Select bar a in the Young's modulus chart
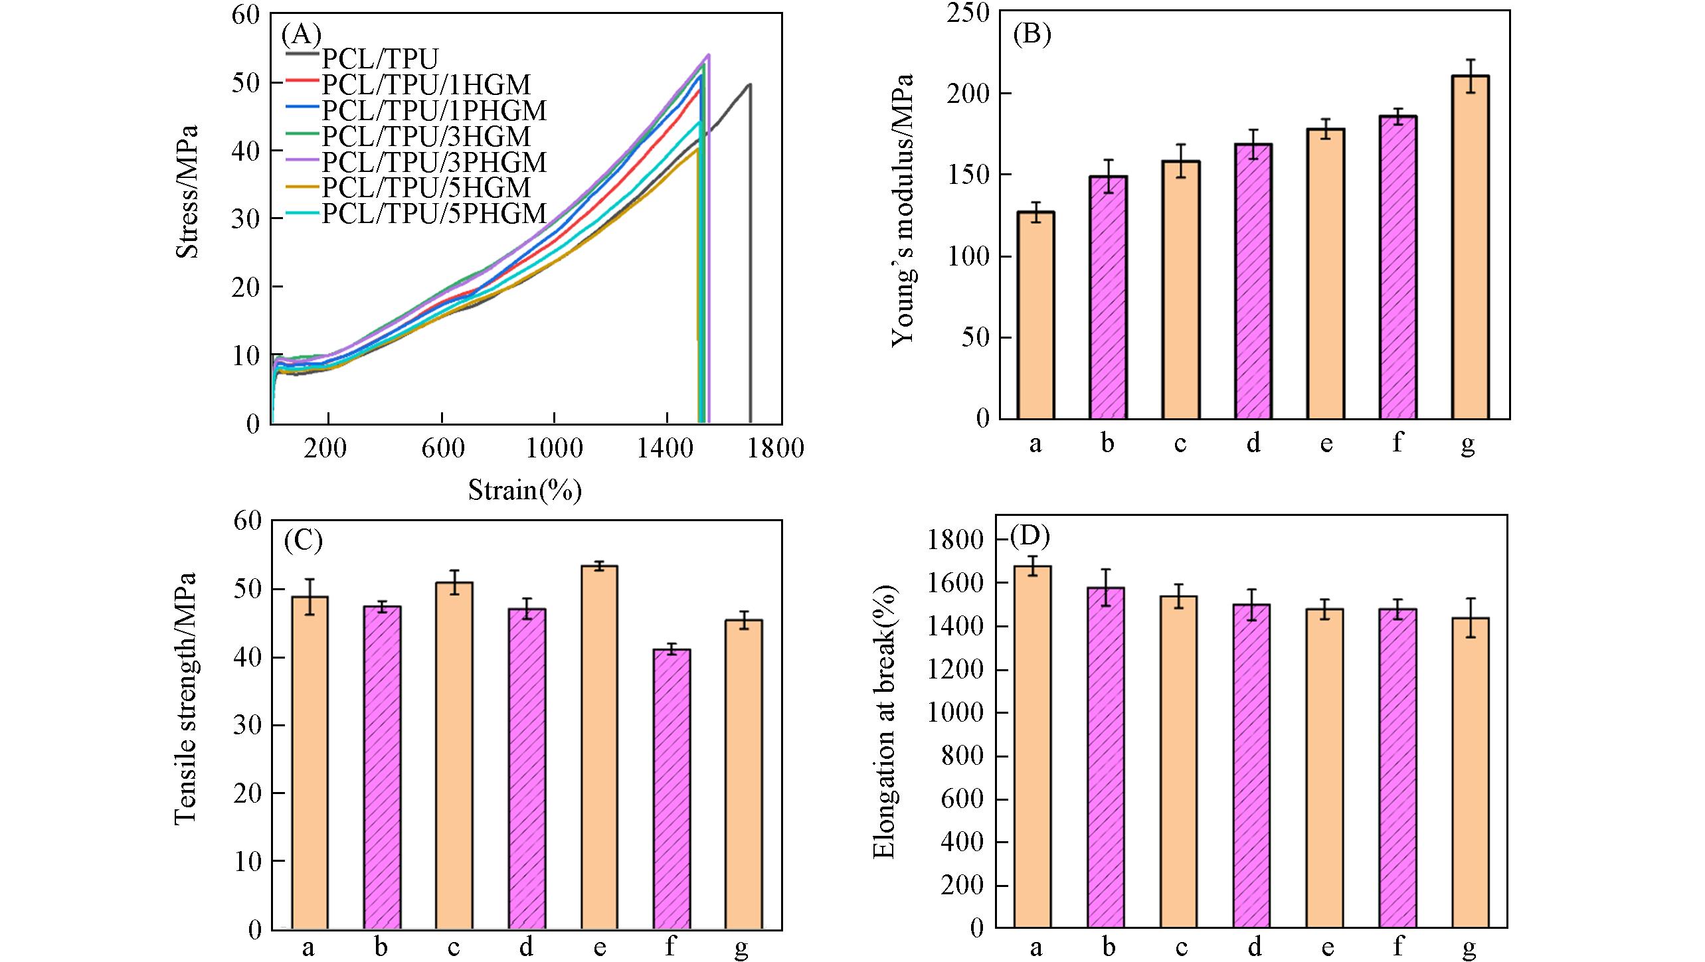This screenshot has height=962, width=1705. [x=1035, y=315]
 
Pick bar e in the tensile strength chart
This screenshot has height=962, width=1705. [x=599, y=747]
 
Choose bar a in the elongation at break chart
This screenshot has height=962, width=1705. [x=1032, y=746]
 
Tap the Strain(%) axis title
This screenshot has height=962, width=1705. [x=525, y=490]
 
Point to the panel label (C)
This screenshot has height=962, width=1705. [x=303, y=540]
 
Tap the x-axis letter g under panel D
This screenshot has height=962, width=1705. [x=1469, y=947]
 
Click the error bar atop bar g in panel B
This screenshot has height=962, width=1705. [x=1471, y=76]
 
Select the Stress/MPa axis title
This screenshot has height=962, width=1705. [x=187, y=192]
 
